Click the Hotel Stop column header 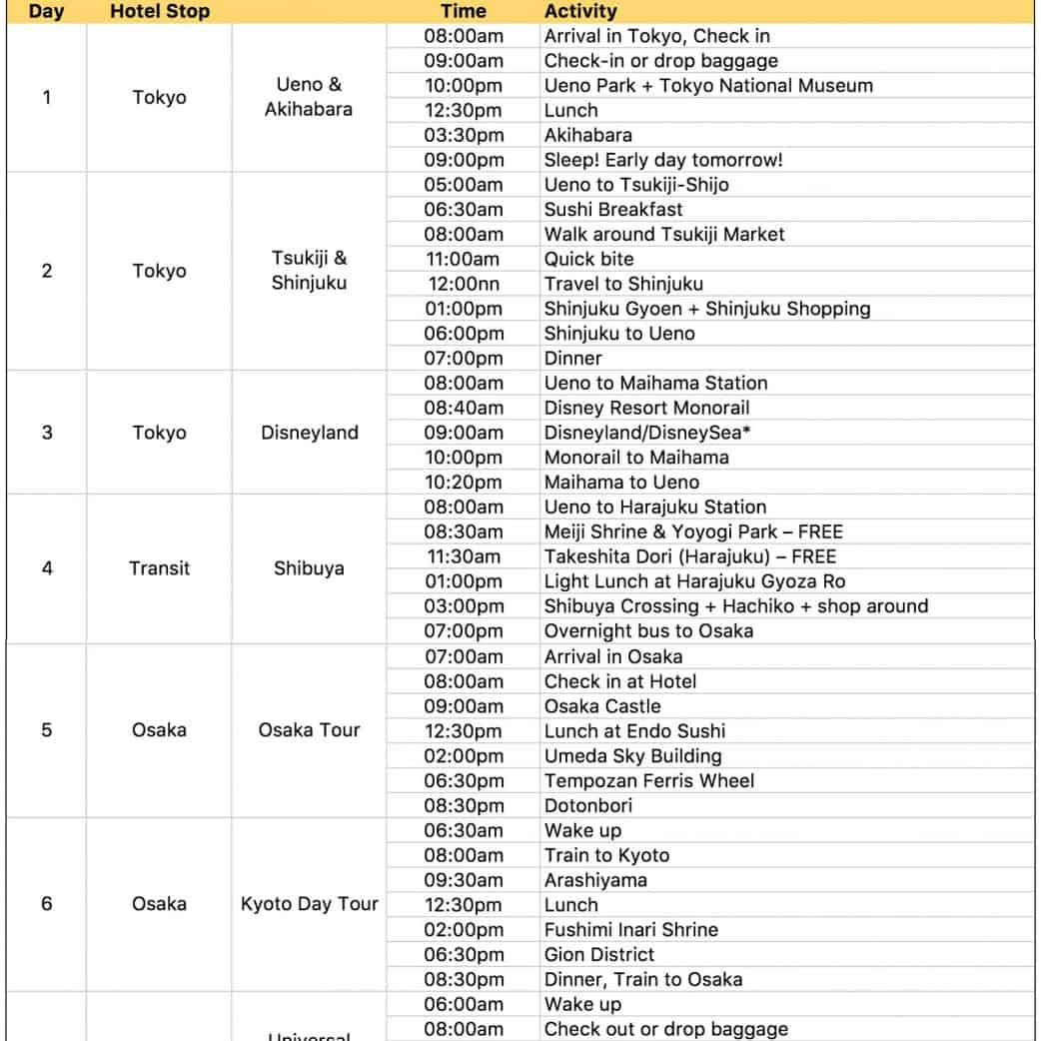click(x=159, y=12)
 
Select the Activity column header click(x=580, y=12)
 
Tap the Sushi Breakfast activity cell click(x=613, y=210)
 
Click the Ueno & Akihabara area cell click(x=309, y=98)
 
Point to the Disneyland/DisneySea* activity click(x=647, y=433)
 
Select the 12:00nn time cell click(x=464, y=284)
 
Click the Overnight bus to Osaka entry click(x=648, y=631)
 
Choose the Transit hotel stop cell click(x=159, y=568)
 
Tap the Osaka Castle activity click(x=602, y=706)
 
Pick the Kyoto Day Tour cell click(x=310, y=904)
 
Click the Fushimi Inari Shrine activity click(x=630, y=929)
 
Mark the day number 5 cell click(x=47, y=730)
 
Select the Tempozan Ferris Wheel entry click(x=649, y=780)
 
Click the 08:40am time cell click(x=464, y=408)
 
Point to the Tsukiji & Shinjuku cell click(x=309, y=271)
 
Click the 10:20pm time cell click(x=464, y=483)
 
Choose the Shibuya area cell click(x=309, y=568)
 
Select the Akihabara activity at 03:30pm click(x=587, y=135)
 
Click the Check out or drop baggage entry click(x=665, y=1029)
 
